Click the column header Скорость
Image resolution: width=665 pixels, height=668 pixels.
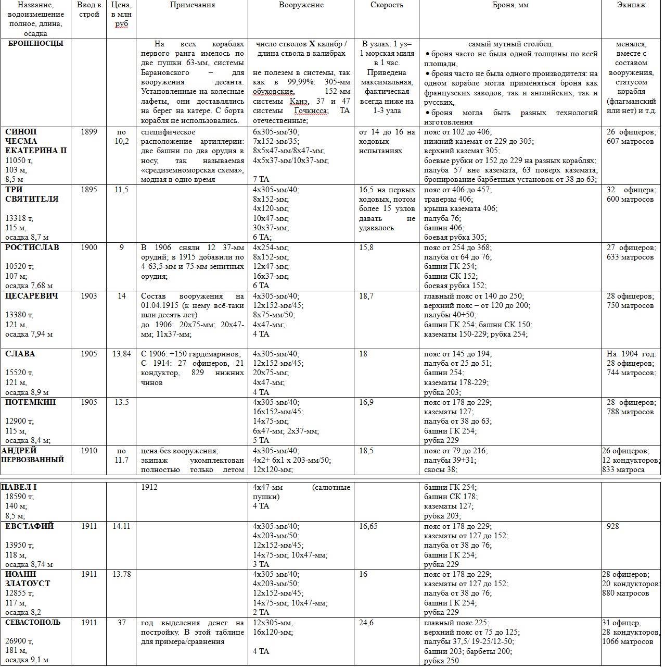(x=387, y=5)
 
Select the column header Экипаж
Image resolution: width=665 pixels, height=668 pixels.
(x=631, y=5)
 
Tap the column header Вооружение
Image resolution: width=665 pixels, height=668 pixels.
(x=301, y=5)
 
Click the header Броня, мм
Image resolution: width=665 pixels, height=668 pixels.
(x=510, y=5)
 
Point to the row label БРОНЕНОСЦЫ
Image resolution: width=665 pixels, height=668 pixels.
(x=36, y=44)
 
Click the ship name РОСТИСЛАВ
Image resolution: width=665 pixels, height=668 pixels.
(x=32, y=248)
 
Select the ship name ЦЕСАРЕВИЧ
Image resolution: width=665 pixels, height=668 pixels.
(x=32, y=296)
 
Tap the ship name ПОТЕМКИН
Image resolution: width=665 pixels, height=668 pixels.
(x=31, y=402)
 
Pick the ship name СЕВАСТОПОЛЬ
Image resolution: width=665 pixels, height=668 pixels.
(x=33, y=622)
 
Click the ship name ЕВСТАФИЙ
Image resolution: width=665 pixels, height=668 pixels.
(x=30, y=526)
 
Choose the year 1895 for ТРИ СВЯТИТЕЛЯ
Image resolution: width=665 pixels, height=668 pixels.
(x=89, y=190)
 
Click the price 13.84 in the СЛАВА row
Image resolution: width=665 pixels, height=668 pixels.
(x=121, y=354)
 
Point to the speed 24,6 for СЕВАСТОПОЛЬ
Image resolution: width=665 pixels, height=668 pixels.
(x=366, y=622)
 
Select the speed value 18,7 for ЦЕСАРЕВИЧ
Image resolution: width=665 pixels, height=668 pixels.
(x=366, y=296)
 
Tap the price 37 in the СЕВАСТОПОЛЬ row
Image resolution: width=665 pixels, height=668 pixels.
(x=121, y=622)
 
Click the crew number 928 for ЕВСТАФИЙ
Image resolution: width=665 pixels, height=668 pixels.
(x=613, y=526)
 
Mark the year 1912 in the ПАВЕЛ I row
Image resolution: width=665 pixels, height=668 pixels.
(x=149, y=487)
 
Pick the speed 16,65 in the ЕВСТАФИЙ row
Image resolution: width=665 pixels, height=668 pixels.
(x=368, y=526)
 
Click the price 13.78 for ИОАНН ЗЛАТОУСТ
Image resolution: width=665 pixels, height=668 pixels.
(x=121, y=574)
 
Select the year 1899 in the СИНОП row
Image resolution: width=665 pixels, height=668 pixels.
(x=89, y=132)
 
